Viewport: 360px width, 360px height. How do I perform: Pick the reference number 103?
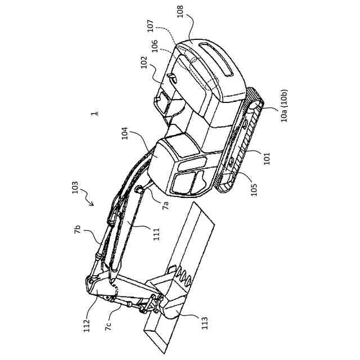75,187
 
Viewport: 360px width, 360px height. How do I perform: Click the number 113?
204,322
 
